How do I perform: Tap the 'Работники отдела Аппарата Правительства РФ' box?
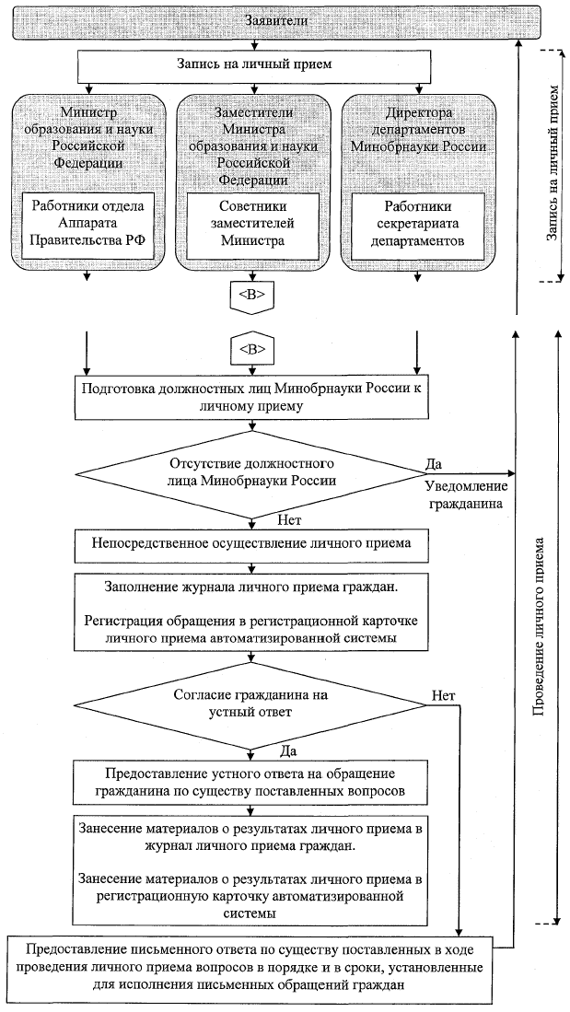pos(90,225)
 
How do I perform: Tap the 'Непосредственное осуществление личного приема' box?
pos(251,544)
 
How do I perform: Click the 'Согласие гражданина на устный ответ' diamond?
pos(251,704)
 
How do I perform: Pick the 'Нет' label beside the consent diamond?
pos(440,695)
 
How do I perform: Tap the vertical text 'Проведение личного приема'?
pos(541,626)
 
